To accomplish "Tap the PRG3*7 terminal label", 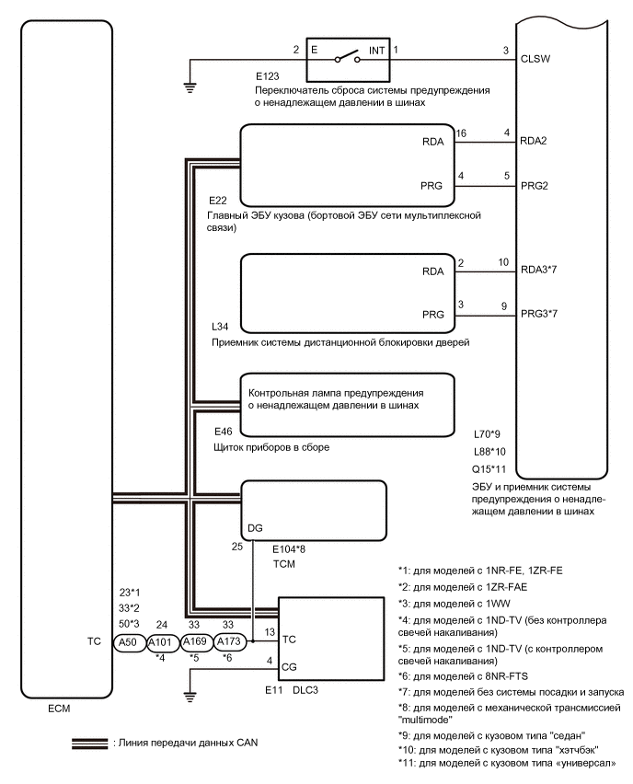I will [540, 313].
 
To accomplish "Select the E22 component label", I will [218, 200].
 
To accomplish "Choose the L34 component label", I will [218, 329].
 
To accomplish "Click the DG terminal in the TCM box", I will [255, 528].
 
